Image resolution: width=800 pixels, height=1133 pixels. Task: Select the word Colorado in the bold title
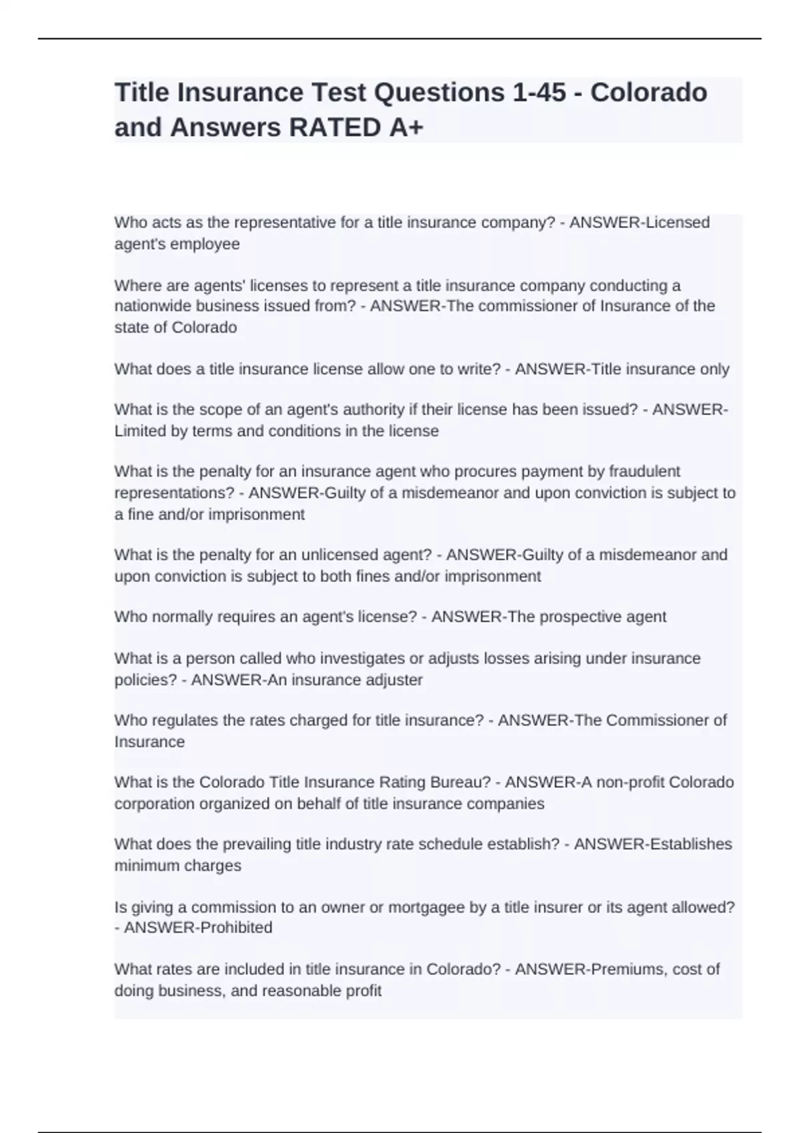[649, 92]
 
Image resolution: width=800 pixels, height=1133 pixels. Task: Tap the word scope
[192, 409]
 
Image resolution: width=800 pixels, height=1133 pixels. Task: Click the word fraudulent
[643, 471]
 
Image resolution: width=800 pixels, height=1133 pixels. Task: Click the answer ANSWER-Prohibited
[198, 928]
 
